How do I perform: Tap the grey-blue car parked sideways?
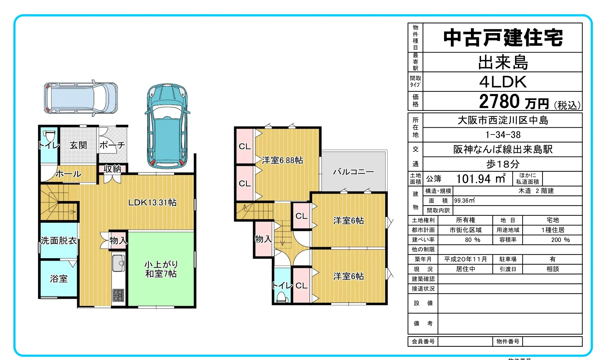coord(81,98)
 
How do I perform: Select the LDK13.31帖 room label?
coord(152,202)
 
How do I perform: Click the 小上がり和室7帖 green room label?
coord(161,269)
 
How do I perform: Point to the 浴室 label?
coord(59,279)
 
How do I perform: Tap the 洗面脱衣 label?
coord(59,240)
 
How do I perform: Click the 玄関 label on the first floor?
coord(78,145)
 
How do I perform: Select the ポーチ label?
coord(112,145)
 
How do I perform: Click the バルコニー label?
coord(353,171)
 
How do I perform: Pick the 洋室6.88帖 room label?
coord(283,160)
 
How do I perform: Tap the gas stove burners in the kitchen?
coord(118,295)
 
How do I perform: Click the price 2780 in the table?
coord(499,101)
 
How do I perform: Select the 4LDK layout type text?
coord(503,82)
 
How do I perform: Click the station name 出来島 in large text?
coord(503,62)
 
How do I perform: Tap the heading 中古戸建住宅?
coord(503,38)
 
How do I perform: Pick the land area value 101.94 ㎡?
coord(481,179)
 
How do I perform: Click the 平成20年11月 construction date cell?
coord(466,259)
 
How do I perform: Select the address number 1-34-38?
coord(503,135)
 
